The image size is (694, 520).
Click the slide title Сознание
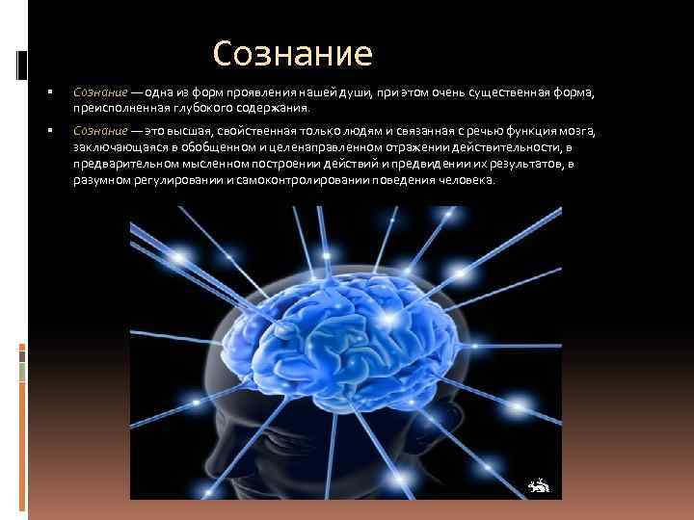pyautogui.click(x=292, y=54)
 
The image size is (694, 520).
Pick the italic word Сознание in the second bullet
pyautogui.click(x=96, y=130)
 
